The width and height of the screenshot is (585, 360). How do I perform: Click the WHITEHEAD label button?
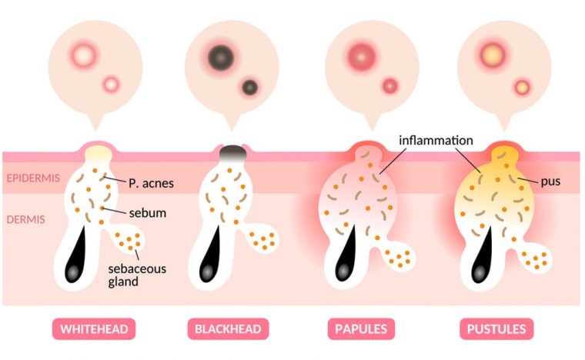tap(94, 329)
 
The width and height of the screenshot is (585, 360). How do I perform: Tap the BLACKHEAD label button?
tap(228, 329)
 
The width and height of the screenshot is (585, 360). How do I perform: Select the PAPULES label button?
tap(361, 329)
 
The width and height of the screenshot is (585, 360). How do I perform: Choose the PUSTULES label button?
tap(496, 329)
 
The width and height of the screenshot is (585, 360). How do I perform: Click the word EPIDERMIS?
tap(33, 178)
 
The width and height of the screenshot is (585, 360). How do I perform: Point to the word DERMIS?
tap(25, 219)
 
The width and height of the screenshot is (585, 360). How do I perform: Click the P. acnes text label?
tap(151, 183)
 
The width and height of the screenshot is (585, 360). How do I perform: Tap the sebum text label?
tap(148, 213)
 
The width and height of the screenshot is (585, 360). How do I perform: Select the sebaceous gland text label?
tap(137, 275)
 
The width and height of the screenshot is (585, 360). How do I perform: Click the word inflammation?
tap(436, 141)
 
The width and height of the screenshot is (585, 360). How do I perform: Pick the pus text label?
tap(550, 182)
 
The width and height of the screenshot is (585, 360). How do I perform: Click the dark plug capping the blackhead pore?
tap(232, 152)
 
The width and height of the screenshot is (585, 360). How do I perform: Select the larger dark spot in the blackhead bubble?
tap(221, 58)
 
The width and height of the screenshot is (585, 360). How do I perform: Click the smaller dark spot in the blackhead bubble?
tap(250, 88)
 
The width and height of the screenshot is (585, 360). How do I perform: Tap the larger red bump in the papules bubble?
tap(361, 57)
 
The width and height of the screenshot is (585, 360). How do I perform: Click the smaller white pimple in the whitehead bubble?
tap(111, 85)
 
